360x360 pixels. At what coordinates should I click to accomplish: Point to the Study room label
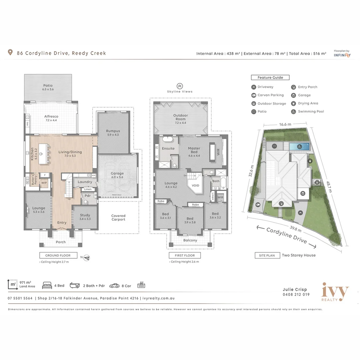[85, 217]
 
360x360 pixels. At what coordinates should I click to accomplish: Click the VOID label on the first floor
[195, 185]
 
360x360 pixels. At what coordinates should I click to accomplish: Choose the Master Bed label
[194, 150]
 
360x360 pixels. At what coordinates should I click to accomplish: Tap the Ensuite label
[168, 148]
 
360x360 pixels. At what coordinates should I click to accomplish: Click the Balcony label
[190, 240]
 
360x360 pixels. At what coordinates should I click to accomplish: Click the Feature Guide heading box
[270, 77]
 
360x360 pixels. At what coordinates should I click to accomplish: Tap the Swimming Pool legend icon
[293, 112]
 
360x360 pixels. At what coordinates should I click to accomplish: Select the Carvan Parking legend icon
[254, 95]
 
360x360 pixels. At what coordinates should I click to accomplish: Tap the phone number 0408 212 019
[296, 294]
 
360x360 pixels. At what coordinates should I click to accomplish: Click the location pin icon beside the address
[10, 53]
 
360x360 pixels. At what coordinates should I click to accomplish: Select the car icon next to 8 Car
[114, 286]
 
